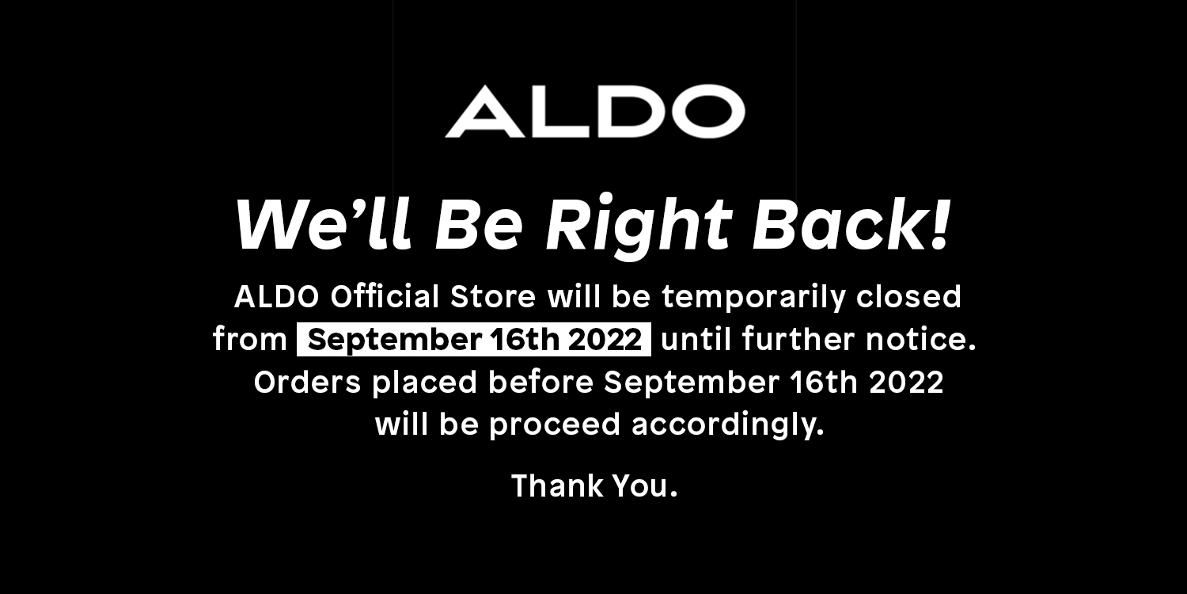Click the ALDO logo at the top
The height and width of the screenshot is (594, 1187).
point(594,112)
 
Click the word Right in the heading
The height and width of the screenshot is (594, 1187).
point(639,225)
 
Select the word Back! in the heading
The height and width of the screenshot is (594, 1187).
point(851,223)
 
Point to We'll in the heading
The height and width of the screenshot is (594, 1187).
point(323,223)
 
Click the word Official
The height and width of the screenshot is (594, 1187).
point(385,296)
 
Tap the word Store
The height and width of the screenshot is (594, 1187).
point(493,296)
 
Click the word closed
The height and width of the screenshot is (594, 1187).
point(908,296)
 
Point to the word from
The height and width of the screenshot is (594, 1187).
point(249,339)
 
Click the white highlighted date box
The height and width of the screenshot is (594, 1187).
point(474,340)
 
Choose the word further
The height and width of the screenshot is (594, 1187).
point(798,339)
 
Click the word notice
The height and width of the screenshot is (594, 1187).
point(920,339)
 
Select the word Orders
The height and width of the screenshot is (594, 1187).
point(307,382)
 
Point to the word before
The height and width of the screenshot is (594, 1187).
point(540,382)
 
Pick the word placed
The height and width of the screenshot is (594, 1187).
point(425,383)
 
